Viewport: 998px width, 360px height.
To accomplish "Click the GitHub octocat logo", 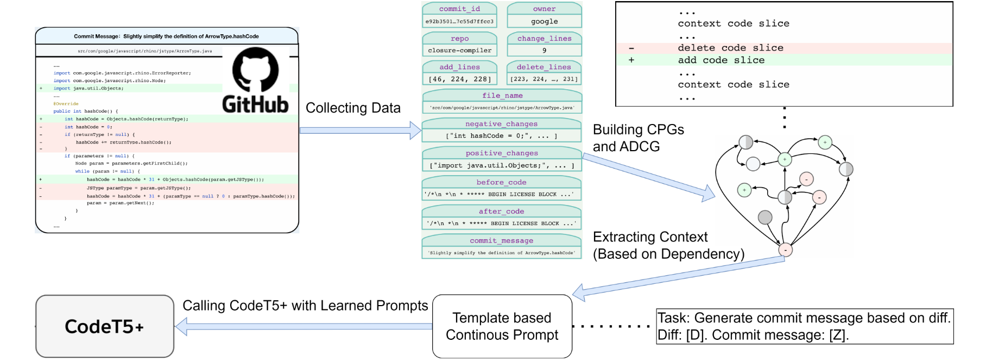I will tap(255, 69).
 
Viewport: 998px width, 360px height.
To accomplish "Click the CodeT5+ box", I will tap(105, 326).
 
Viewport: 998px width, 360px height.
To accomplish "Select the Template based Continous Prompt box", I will tap(502, 326).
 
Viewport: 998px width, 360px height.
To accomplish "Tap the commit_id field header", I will tap(459, 9).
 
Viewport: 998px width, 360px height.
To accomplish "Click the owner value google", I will tap(544, 22).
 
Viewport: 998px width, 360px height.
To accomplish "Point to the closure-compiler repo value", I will tap(459, 51).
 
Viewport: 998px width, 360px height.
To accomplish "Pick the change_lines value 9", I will tap(544, 51).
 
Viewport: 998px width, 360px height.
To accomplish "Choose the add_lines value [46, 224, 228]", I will tap(459, 79).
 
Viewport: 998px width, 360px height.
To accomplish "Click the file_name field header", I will tap(502, 96).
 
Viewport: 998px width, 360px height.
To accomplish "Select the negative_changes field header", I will tap(501, 124).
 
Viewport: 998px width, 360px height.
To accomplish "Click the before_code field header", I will tap(501, 183).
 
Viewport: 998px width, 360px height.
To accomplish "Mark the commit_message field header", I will tap(501, 241).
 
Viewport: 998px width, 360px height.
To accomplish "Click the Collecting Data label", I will tap(353, 108).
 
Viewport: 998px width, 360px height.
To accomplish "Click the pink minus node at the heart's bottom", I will tap(785, 250).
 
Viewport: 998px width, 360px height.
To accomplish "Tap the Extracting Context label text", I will tap(650, 237).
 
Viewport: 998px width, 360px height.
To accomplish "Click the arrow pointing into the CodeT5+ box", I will tap(304, 326).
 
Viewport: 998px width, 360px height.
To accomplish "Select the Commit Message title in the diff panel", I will tap(166, 36).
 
